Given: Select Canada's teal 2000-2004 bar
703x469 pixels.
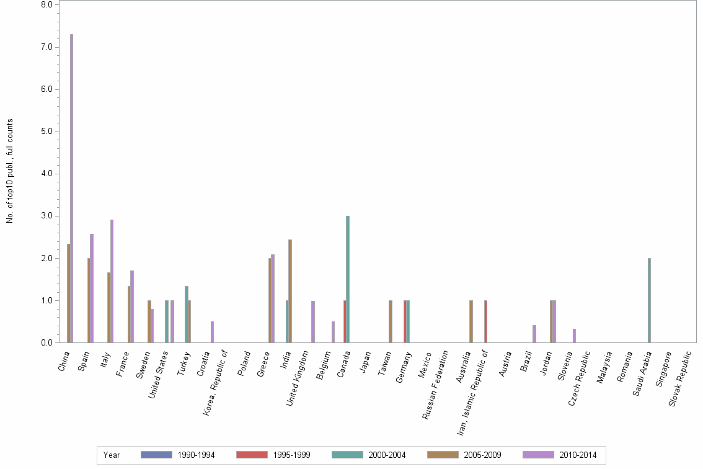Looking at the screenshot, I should point(348,279).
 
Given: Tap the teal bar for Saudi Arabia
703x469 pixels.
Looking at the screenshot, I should point(649,300).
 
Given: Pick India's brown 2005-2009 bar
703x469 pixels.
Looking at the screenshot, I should point(290,291).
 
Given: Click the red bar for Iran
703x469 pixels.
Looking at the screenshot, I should point(485,321).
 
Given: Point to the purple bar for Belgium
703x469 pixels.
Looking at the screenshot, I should point(333,332).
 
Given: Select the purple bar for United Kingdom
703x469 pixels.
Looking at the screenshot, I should point(313,321).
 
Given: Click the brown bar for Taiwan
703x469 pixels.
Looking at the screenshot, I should point(390,321).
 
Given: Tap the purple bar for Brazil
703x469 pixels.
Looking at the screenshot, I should point(534,334).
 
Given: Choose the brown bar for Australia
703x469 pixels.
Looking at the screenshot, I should point(471,321).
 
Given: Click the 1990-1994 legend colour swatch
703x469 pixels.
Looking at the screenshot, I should point(156,455).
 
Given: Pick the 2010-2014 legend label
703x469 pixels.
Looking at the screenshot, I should point(578,455).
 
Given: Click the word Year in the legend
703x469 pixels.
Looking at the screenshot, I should point(112,455).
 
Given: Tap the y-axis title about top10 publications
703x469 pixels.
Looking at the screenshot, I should point(10,171).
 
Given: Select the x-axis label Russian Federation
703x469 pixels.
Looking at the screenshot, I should point(436,385).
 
